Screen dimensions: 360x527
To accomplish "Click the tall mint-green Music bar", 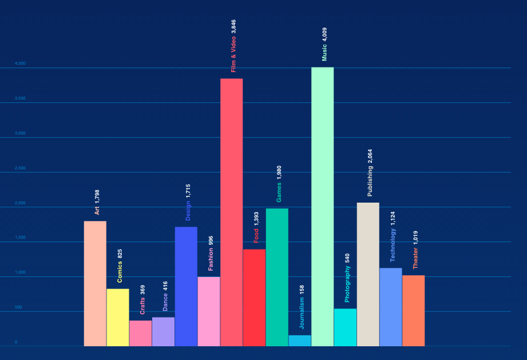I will click(x=322, y=206).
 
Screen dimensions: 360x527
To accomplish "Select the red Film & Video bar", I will click(x=231, y=212).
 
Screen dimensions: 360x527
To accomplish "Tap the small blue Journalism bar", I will click(x=300, y=341).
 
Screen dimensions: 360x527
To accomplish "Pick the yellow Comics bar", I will click(x=118, y=317).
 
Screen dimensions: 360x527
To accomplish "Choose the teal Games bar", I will click(x=277, y=277).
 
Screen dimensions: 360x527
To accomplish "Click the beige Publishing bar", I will click(x=368, y=274).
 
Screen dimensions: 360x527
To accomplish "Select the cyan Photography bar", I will click(x=345, y=327).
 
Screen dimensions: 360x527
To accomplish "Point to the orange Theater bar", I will click(x=413, y=310).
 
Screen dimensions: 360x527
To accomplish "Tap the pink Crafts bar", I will click(x=140, y=333).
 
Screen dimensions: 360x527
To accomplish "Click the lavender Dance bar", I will click(x=163, y=331).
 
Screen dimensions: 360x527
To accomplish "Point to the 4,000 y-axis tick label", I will click(x=20, y=64).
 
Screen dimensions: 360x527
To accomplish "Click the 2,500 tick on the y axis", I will click(x=20, y=168).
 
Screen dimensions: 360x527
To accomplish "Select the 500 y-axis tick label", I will click(x=19, y=307).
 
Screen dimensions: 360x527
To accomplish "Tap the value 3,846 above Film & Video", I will click(x=233, y=27).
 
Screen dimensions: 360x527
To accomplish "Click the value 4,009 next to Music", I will click(x=324, y=35).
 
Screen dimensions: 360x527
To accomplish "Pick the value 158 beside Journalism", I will click(x=302, y=290).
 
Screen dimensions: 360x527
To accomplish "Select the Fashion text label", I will click(x=211, y=259).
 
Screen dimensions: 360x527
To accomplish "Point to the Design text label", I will click(x=188, y=211).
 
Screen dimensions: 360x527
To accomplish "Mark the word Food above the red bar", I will click(x=256, y=235).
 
